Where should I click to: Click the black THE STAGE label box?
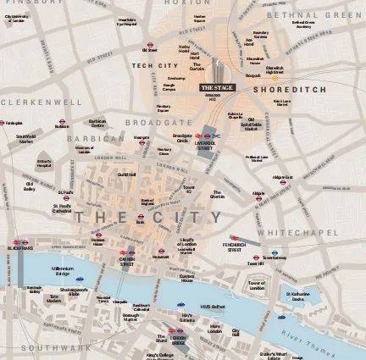pyautogui.click(x=217, y=86)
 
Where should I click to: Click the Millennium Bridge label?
pyautogui.click(x=69, y=270)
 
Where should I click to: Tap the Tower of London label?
pyautogui.click(x=256, y=285)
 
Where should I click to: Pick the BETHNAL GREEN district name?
pyautogui.click(x=314, y=14)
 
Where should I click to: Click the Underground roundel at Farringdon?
pyautogui.click(x=3, y=123)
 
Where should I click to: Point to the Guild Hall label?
pyautogui.click(x=126, y=175)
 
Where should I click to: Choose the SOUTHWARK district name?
pyautogui.click(x=51, y=347)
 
